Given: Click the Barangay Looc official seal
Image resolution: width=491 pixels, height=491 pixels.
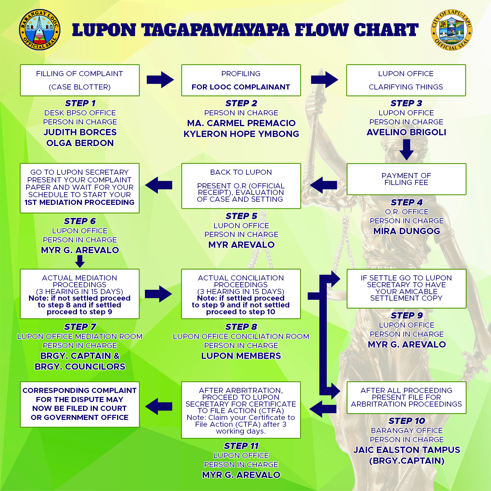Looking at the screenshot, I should (x=40, y=30).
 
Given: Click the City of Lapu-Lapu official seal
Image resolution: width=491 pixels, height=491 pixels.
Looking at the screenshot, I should (x=452, y=30).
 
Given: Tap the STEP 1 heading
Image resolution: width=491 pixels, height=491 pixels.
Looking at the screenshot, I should (x=80, y=103).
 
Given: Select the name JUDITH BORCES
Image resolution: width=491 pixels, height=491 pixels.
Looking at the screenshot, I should (x=80, y=132).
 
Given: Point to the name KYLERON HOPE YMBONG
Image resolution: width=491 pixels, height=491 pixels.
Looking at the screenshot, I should (x=241, y=134).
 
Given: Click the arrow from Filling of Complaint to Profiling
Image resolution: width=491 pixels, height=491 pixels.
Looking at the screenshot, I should (x=160, y=80).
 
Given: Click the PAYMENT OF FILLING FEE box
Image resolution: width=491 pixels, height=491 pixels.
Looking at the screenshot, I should (x=406, y=179).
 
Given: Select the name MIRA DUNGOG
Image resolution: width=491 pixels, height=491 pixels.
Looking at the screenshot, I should (x=407, y=231).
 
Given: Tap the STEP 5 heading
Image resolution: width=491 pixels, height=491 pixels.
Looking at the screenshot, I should (x=241, y=216).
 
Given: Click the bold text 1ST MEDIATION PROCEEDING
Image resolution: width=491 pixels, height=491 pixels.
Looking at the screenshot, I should (x=80, y=202).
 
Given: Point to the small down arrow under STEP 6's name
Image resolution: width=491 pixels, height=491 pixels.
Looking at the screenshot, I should (x=80, y=261).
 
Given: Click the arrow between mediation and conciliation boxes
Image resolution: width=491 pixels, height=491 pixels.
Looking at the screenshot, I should (x=158, y=294).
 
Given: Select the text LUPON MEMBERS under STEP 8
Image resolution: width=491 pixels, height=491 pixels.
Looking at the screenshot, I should (x=241, y=356).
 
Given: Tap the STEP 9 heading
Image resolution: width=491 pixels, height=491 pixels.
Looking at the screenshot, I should (x=407, y=315).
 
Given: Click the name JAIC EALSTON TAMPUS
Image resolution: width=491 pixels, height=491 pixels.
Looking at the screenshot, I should (x=407, y=450).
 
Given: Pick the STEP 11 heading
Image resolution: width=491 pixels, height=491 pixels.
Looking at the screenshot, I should (x=241, y=446).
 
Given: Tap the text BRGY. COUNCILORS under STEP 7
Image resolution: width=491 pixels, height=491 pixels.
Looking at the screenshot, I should (x=80, y=367).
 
